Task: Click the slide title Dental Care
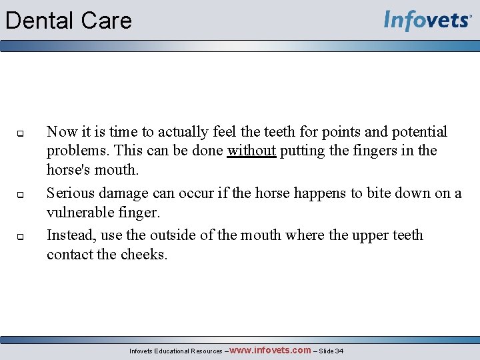click(x=69, y=21)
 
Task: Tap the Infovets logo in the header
click(x=427, y=21)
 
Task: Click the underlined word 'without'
click(x=251, y=151)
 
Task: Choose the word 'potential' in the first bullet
click(x=417, y=132)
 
